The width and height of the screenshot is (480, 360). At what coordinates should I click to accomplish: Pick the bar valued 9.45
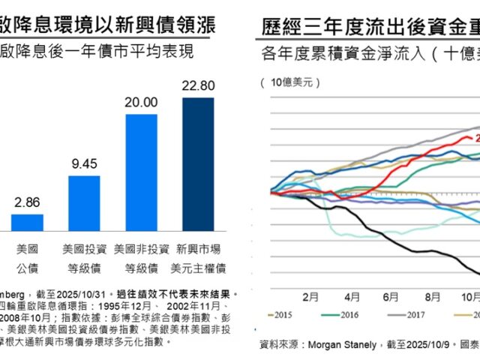(x=84, y=202)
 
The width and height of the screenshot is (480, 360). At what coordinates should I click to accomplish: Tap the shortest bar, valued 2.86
(x=27, y=222)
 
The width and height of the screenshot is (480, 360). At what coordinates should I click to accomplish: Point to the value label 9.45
(x=84, y=163)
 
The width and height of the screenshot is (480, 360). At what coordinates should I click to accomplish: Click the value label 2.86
(x=27, y=202)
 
